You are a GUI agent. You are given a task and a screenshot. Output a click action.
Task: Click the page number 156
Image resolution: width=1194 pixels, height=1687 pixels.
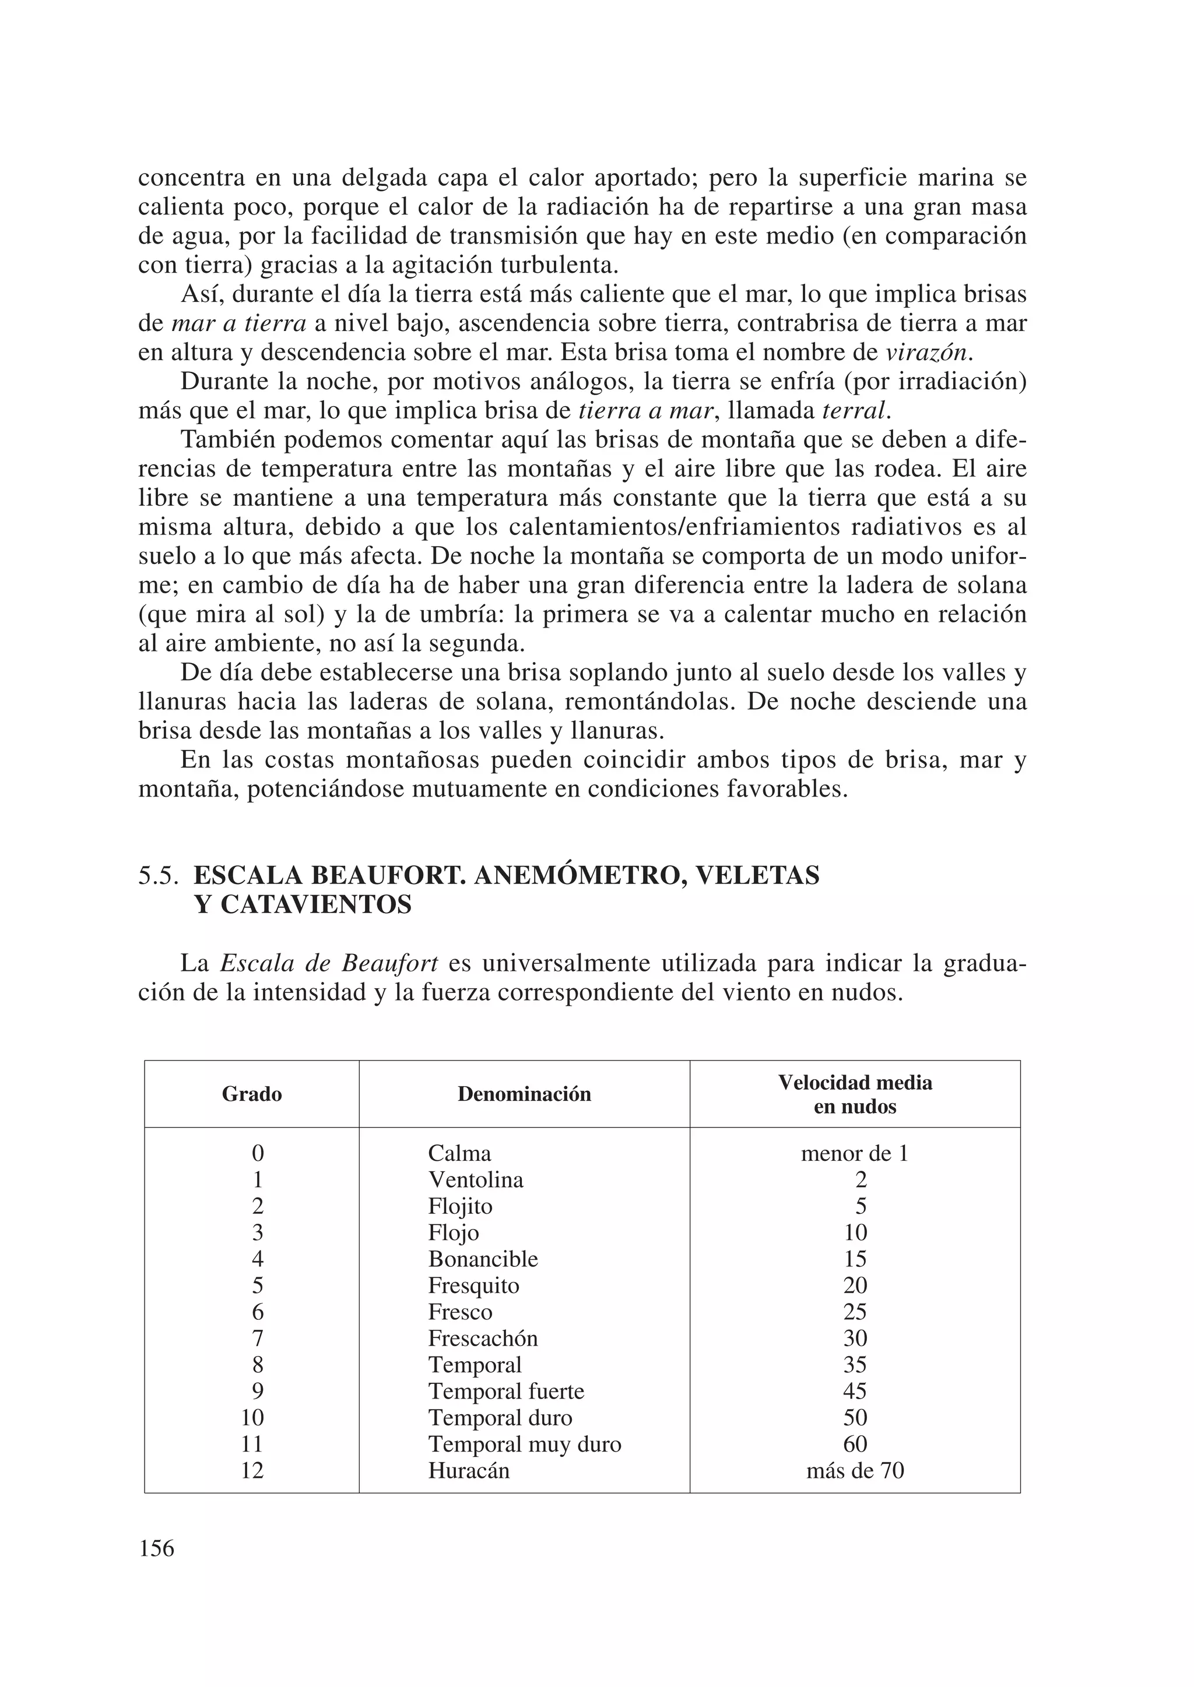[x=157, y=1548]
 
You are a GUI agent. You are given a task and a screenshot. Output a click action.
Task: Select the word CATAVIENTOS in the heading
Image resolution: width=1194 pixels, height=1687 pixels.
[x=303, y=904]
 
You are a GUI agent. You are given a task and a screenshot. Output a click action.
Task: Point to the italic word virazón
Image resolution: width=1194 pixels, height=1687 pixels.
[x=927, y=353]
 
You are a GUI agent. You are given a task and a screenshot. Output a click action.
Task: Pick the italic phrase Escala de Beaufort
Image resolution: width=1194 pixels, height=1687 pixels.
[x=329, y=963]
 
